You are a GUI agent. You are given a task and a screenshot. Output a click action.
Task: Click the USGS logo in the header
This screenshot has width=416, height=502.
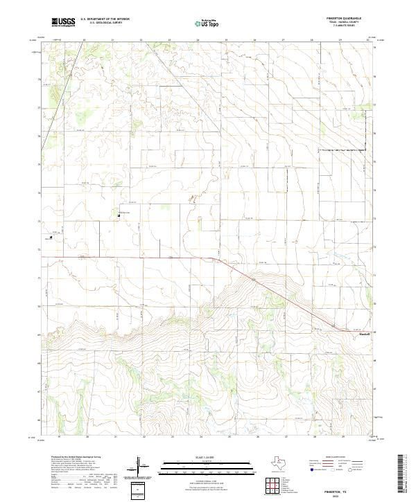point(64,22)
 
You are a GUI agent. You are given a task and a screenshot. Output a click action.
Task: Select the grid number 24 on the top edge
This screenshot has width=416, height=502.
point(198,40)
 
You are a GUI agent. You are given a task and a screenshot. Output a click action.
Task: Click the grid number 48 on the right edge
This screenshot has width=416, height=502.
point(375,361)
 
